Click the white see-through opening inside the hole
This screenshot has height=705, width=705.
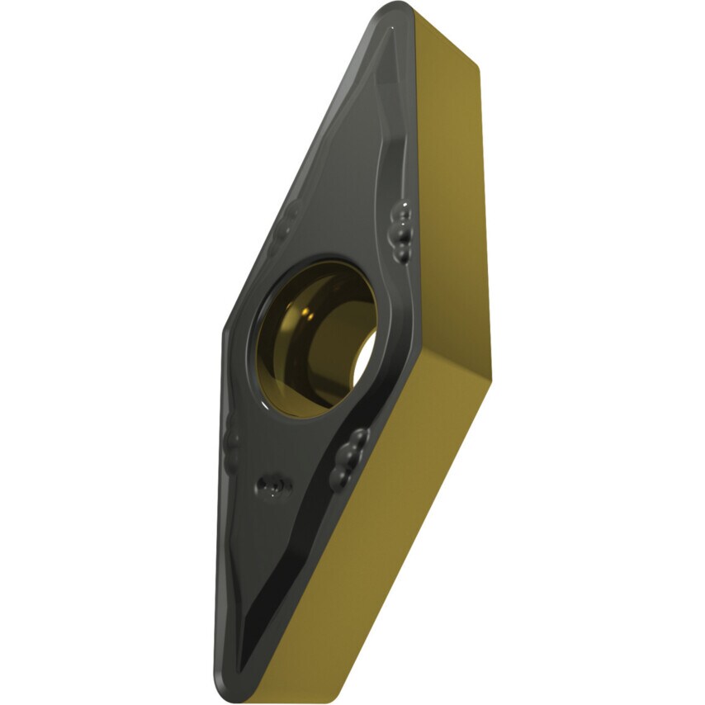(364, 363)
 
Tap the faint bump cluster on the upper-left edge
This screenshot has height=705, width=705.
(289, 216)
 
